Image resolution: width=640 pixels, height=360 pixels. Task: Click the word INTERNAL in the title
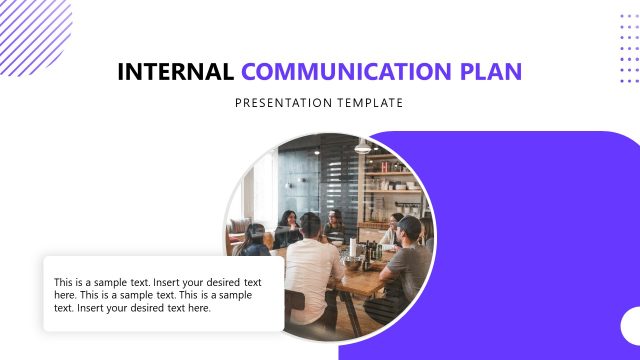[175, 72]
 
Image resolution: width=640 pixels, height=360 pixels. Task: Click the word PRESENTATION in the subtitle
[286, 102]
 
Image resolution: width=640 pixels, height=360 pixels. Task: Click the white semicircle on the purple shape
[631, 326]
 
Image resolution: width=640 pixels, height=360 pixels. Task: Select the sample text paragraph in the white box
[160, 295]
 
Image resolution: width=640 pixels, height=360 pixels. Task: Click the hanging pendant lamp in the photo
[362, 146]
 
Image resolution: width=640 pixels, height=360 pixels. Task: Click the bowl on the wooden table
[354, 262]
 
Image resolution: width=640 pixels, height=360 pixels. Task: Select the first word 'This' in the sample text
[63, 282]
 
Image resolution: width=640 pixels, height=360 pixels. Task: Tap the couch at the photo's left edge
[239, 240]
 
